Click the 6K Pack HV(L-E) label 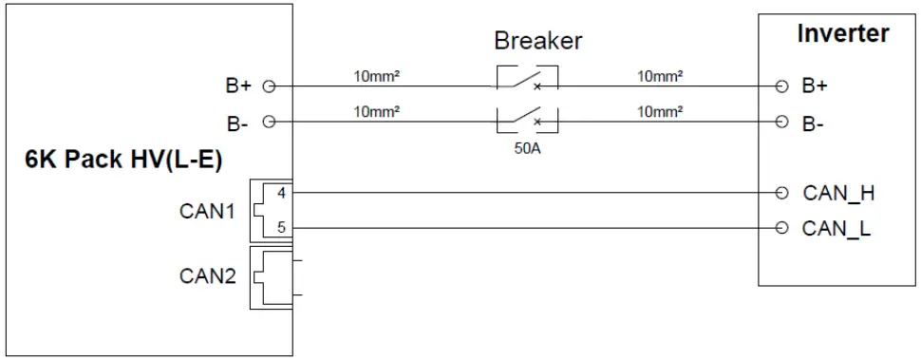[123, 160]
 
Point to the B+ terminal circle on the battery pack [268, 86]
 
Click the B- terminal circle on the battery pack [268, 122]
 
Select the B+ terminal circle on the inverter [781, 86]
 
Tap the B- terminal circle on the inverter [781, 122]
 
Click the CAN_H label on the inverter [838, 193]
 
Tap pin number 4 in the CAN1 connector [281, 193]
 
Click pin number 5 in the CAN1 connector [281, 228]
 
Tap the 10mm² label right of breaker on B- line [662, 111]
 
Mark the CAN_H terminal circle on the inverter [781, 193]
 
